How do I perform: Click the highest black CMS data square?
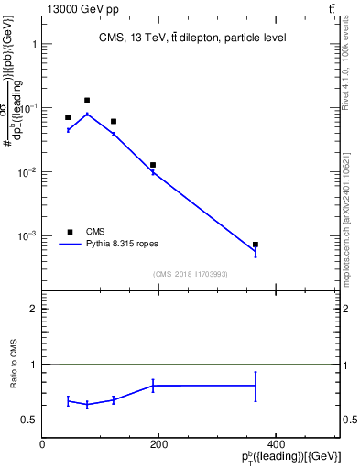[x=87, y=100]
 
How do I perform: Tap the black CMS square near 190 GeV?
[x=153, y=165]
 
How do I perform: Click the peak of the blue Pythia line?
[x=87, y=114]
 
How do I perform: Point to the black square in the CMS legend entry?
[x=70, y=232]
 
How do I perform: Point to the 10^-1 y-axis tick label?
[x=28, y=108]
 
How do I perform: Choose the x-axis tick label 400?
[x=275, y=444]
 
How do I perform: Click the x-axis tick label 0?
[x=42, y=444]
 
